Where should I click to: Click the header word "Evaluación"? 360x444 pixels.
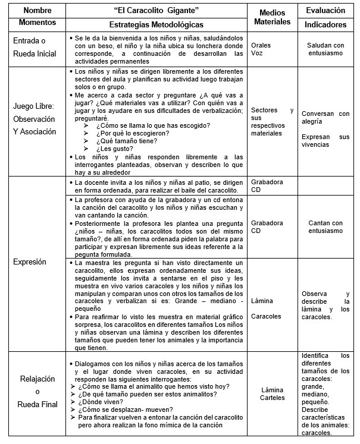326,11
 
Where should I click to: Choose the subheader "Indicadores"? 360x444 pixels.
326,24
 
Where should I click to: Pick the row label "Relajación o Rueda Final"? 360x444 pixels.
37,392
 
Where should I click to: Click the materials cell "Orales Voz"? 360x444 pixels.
261,49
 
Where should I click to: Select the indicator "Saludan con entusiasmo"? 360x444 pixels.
325,49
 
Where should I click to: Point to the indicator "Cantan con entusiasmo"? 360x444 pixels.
325,227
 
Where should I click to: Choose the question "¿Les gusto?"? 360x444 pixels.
113,149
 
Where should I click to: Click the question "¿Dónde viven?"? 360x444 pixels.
101,401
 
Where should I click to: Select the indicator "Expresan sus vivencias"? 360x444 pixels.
325,141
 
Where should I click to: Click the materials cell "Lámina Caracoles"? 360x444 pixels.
262,308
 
